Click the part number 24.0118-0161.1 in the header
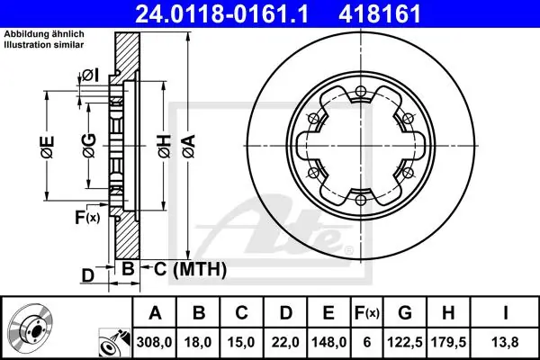pos(221,13)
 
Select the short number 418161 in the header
pos(380,13)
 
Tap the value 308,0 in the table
pos(154,342)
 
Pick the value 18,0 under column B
pos(198,342)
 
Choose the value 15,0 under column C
pos(241,342)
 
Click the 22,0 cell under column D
pos(285,342)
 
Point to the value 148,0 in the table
pos(328,342)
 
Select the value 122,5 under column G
pos(405,342)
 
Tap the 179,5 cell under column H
pos(448,342)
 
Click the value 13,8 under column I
pos(505,342)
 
